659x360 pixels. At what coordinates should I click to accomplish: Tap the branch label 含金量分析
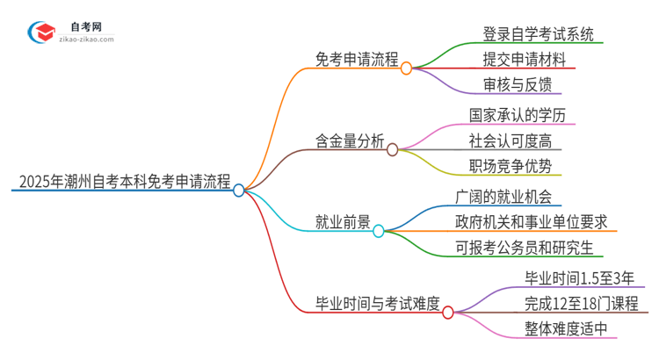351,141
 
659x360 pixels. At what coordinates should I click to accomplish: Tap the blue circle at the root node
239,190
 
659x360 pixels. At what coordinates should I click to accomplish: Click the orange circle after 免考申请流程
406,68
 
